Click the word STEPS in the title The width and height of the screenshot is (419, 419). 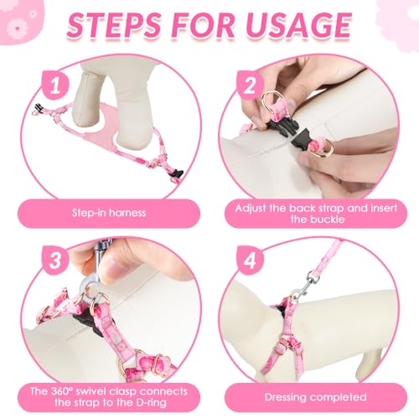[x=114, y=25]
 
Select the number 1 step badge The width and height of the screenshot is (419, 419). [x=55, y=85]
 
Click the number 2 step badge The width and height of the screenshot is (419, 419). [x=250, y=85]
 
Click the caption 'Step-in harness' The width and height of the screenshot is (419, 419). [x=109, y=213]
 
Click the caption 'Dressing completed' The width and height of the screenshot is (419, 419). [x=315, y=397]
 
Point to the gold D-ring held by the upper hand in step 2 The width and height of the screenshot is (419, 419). [x=270, y=101]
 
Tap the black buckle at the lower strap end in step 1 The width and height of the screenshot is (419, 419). [x=176, y=173]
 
